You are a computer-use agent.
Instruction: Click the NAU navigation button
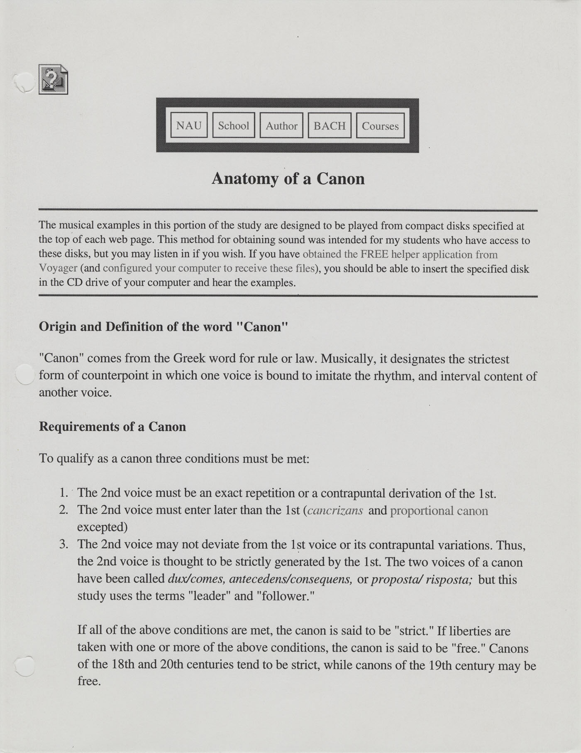189,125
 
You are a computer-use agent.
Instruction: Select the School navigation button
234,125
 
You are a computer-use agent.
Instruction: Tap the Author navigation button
281,125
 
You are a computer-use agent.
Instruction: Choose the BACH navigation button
330,125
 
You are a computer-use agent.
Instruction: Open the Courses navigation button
380,125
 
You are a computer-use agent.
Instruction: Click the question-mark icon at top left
53,79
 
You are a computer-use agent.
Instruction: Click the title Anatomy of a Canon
288,179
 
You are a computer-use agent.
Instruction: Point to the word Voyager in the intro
58,268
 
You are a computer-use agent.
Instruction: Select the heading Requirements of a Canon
112,427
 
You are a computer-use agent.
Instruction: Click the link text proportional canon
439,510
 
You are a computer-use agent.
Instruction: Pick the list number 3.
63,544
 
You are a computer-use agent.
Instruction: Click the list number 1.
63,493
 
